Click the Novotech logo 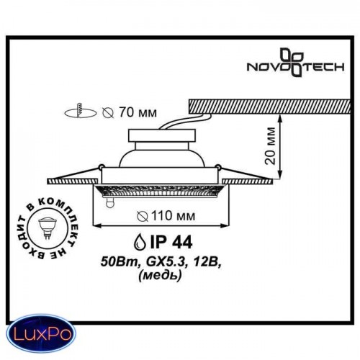pyautogui.click(x=296, y=63)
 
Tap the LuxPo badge pyautogui.click(x=41, y=333)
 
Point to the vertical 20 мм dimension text pyautogui.click(x=271, y=146)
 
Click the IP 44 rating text pyautogui.click(x=171, y=242)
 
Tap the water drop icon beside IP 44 pyautogui.click(x=140, y=242)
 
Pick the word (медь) pyautogui.click(x=160, y=275)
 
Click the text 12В pyautogui.click(x=207, y=263)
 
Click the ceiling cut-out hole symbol pyautogui.click(x=81, y=112)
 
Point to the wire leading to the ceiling pyautogui.click(x=186, y=121)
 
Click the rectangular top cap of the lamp pyautogui.click(x=162, y=135)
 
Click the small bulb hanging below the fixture pyautogui.click(x=109, y=202)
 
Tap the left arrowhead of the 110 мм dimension pyautogui.click(x=96, y=225)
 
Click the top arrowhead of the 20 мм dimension pyautogui.click(x=280, y=117)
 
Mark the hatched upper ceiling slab pyautogui.click(x=269, y=107)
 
